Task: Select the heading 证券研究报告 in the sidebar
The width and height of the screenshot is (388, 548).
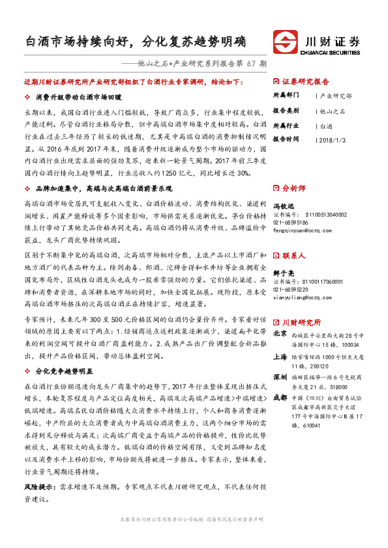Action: pos(306,82)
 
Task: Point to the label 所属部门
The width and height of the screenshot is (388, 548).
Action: pos(285,96)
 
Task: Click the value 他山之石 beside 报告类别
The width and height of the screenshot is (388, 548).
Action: pos(333,111)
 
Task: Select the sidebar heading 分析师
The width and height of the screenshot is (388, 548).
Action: pos(293,187)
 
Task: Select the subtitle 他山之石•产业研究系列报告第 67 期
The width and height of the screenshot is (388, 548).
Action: pos(203,64)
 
